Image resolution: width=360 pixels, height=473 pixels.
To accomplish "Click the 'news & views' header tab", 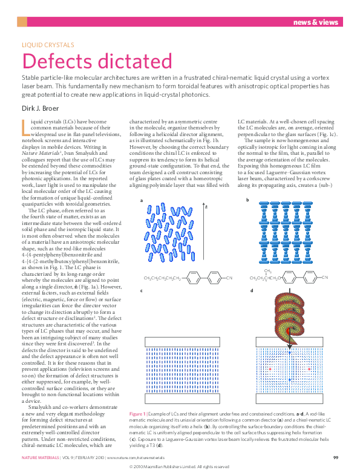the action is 316,22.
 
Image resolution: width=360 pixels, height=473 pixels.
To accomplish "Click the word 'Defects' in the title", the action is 56,62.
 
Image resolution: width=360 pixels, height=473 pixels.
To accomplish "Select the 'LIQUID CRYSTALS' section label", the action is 48,45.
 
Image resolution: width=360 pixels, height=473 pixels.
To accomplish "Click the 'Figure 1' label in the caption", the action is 139,413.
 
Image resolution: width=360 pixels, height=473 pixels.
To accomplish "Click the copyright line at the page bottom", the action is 180,467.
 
